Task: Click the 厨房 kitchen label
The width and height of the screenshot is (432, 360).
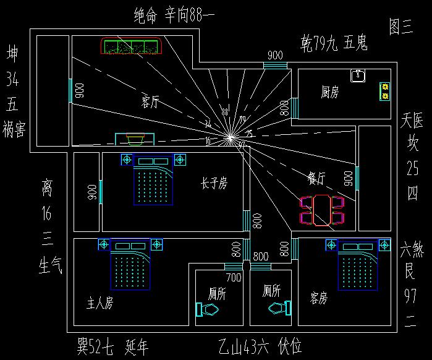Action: coord(330,92)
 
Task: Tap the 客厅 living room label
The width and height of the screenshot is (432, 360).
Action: coord(150,102)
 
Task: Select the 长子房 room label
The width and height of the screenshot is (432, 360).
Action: coord(214,183)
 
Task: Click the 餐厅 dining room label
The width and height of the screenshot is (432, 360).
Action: coord(317,177)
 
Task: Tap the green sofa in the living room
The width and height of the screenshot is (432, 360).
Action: coord(131,47)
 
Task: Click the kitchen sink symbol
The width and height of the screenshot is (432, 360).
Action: coord(358,75)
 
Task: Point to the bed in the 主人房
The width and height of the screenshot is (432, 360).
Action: coord(130,266)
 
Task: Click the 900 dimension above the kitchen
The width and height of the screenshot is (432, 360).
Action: coord(275,55)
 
